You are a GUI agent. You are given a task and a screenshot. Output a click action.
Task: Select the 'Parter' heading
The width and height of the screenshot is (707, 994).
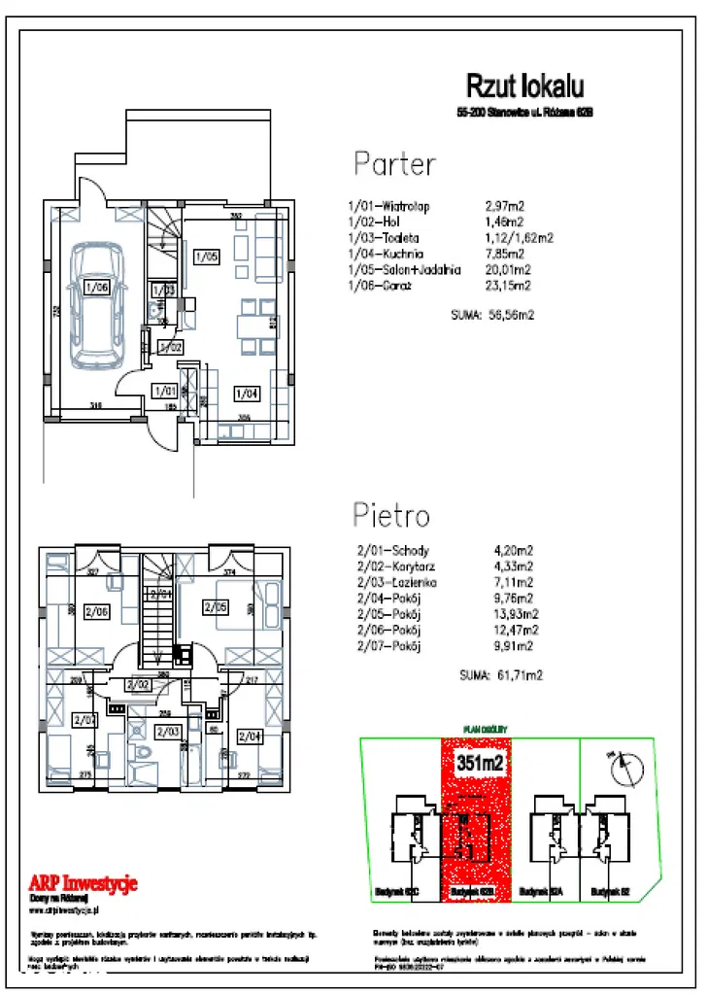pyautogui.click(x=393, y=163)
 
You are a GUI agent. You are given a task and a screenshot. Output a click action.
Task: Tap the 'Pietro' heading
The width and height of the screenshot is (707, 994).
pyautogui.click(x=391, y=514)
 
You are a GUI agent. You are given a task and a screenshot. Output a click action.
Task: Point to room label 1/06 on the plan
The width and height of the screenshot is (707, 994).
pyautogui.click(x=95, y=287)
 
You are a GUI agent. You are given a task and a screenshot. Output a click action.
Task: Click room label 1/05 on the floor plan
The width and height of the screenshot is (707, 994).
pyautogui.click(x=206, y=257)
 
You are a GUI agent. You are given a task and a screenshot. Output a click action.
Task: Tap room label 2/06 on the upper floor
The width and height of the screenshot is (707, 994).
pyautogui.click(x=97, y=611)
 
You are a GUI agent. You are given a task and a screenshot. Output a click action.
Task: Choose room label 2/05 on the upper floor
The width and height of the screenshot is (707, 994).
pyautogui.click(x=215, y=607)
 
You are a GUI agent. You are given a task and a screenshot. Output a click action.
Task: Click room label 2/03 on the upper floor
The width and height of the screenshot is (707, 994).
pyautogui.click(x=168, y=732)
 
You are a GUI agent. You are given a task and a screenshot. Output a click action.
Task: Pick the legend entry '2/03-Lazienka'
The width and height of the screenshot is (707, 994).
pyautogui.click(x=398, y=582)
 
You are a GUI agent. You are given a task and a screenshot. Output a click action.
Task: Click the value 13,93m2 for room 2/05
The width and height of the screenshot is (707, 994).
pyautogui.click(x=518, y=613)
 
